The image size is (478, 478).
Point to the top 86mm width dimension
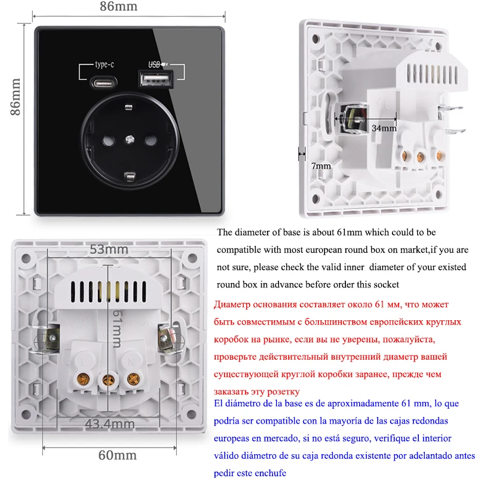[x=118, y=7]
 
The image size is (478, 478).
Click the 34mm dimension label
[x=384, y=128]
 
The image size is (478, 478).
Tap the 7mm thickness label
[x=321, y=166]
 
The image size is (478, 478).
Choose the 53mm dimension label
[x=109, y=249]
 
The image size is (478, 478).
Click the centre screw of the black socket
[x=128, y=141]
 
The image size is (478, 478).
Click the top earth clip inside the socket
[x=128, y=108]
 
